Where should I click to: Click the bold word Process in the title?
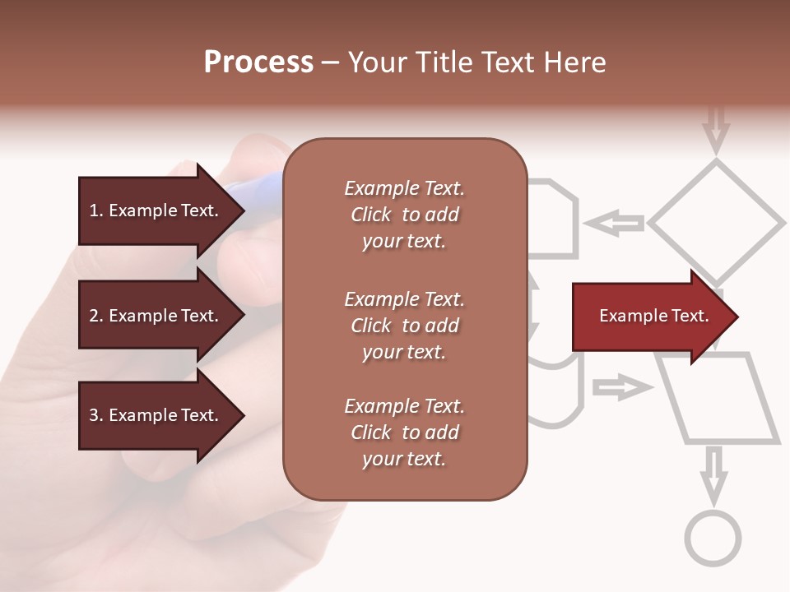pyautogui.click(x=258, y=62)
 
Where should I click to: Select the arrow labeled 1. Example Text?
pyautogui.click(x=156, y=210)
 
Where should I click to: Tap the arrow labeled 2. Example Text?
pyautogui.click(x=156, y=316)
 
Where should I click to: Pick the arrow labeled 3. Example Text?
pyautogui.click(x=156, y=415)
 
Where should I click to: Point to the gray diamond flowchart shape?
pyautogui.click(x=717, y=222)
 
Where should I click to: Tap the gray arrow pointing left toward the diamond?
pyautogui.click(x=614, y=223)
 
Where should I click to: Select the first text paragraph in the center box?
pyautogui.click(x=405, y=215)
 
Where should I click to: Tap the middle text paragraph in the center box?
pyautogui.click(x=405, y=326)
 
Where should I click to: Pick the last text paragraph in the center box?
pyautogui.click(x=405, y=432)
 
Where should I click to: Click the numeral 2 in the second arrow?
pyautogui.click(x=94, y=316)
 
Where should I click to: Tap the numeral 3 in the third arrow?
pyautogui.click(x=94, y=415)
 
